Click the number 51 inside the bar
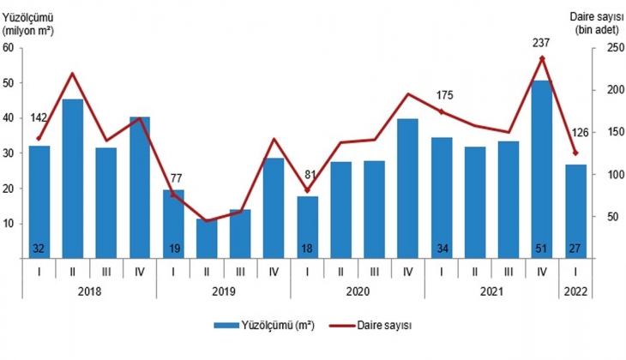coord(542,249)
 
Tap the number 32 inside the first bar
coord(39,249)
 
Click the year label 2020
coord(358,291)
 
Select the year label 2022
coord(575,291)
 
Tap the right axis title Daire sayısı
coord(593,15)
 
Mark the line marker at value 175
coord(442,111)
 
